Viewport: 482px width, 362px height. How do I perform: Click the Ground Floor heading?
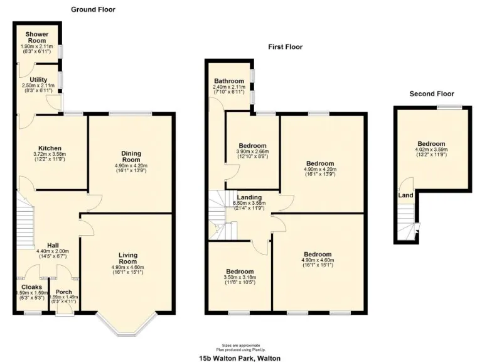[x=93, y=9]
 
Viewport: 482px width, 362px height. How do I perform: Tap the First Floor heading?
[x=285, y=47]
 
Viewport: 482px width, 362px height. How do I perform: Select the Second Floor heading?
[x=431, y=94]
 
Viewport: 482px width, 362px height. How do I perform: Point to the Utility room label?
[x=38, y=80]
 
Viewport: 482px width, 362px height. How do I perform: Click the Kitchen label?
[x=50, y=148]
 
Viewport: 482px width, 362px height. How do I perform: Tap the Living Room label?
[x=128, y=258]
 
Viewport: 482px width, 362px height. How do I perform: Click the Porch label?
[x=64, y=292]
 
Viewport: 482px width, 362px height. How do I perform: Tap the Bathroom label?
[x=228, y=81]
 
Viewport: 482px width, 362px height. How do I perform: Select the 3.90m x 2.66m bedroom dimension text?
[x=252, y=151]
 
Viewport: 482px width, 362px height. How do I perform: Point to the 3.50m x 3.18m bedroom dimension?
[x=239, y=277]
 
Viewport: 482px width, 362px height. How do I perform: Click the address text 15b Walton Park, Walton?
[x=240, y=357]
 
